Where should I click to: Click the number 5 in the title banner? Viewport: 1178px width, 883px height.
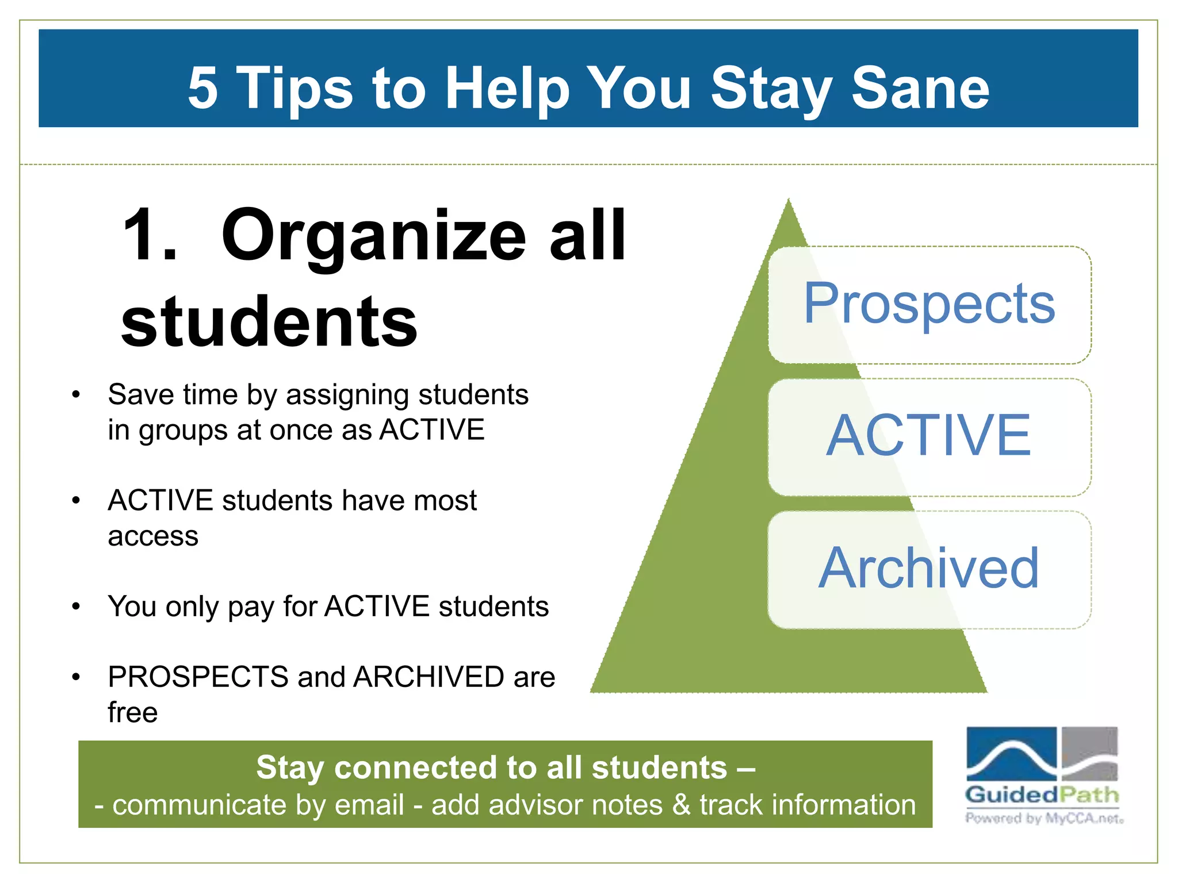203,87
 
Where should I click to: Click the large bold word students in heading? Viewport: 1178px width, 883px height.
269,321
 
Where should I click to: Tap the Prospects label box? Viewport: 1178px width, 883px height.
930,305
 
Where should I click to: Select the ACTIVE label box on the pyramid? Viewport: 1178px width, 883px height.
930,437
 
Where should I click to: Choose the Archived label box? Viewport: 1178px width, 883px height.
930,569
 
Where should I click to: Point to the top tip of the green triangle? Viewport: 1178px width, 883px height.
788,202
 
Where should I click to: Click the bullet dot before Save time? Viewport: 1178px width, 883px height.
76,395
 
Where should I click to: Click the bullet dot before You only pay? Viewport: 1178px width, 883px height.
76,606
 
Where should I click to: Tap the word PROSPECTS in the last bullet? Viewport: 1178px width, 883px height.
198,677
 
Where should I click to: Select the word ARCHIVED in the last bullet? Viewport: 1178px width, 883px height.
429,677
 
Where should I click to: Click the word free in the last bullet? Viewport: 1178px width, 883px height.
132,713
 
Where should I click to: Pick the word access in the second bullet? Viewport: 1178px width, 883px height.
153,536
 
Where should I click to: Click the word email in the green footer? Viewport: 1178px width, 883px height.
369,805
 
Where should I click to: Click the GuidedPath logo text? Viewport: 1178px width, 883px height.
1042,795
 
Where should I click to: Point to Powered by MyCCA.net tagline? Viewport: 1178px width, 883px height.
1044,818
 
